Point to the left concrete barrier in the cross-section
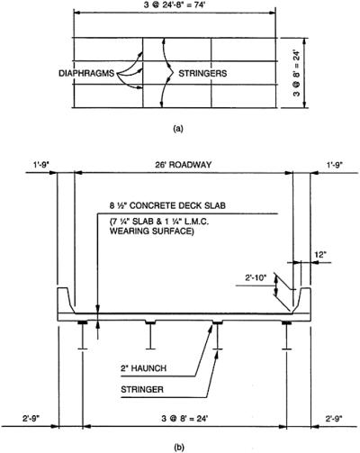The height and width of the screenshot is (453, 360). (x=63, y=301)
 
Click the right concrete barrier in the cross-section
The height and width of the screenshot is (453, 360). (x=302, y=301)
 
